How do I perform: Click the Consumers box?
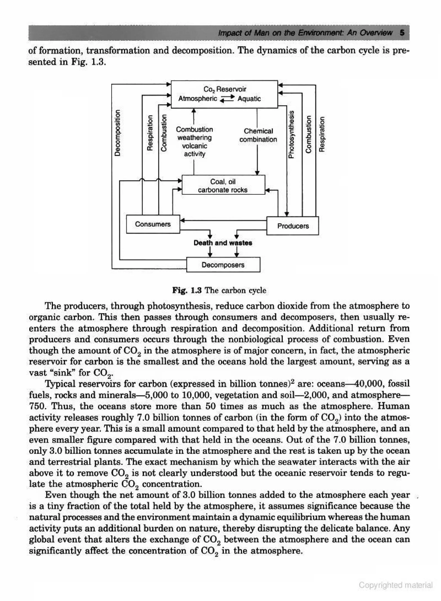(153, 224)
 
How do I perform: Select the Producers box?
(293, 226)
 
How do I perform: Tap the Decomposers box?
(223, 265)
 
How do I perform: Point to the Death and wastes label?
(223, 243)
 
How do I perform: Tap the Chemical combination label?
(258, 135)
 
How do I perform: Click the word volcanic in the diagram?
(194, 146)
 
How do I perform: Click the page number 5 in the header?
(402, 33)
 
